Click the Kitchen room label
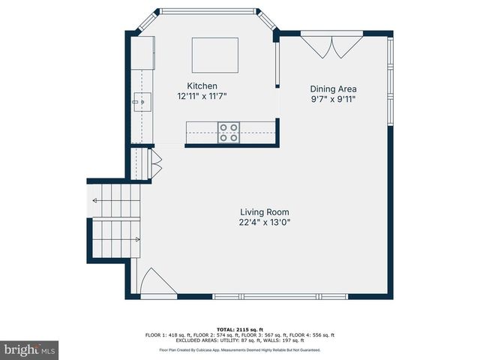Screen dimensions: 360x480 (202, 85)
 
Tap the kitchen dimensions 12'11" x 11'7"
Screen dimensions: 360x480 (202, 96)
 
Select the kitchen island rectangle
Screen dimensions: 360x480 (215, 55)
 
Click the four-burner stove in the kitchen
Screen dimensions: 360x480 (229, 132)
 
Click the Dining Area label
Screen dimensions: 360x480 (334, 88)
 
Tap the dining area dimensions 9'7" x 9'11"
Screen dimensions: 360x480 (334, 99)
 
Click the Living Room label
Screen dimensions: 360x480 (264, 212)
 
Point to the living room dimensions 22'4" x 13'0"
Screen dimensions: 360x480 (264, 222)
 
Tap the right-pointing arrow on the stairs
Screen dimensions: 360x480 (137, 240)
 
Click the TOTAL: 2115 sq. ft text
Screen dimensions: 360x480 (239, 329)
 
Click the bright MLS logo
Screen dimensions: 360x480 (30, 349)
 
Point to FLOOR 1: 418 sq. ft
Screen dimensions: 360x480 (168, 335)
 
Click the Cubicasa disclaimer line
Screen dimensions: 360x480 (239, 349)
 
